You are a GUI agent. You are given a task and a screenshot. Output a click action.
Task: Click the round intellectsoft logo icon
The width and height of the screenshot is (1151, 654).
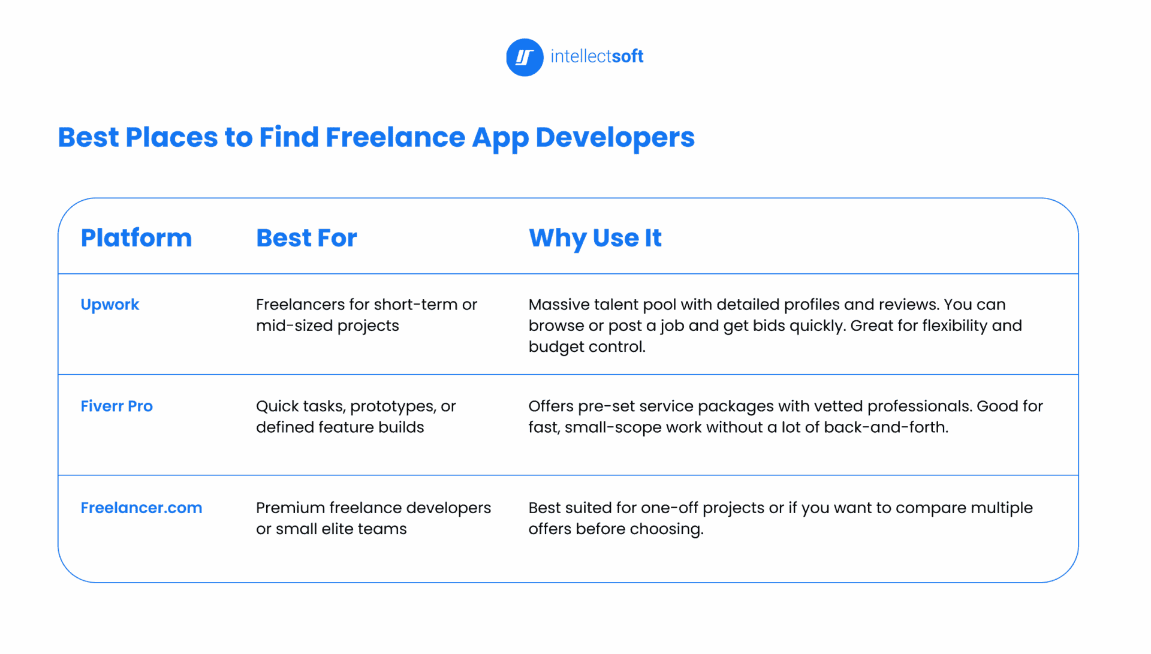point(525,58)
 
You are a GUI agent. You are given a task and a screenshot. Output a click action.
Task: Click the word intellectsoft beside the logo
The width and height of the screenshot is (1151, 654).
point(596,56)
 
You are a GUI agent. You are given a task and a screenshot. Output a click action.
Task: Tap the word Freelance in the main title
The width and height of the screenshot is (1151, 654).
point(395,137)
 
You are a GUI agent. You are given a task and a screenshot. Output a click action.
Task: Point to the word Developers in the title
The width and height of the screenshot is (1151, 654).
point(615,138)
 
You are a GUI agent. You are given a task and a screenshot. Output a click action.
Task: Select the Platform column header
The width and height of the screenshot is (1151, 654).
point(136,238)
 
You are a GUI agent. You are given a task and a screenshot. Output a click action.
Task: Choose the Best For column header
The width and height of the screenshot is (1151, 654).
point(306,238)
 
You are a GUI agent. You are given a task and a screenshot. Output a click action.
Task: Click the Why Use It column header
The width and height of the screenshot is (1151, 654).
point(595,239)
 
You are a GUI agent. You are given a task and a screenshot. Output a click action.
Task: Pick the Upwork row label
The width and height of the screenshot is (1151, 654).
point(110,305)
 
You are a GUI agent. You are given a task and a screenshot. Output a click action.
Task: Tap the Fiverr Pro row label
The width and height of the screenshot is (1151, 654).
point(117,406)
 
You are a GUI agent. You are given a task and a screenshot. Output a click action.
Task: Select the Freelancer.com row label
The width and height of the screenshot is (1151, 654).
point(141,508)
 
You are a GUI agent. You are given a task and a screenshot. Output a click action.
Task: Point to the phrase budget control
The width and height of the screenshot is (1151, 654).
point(587,347)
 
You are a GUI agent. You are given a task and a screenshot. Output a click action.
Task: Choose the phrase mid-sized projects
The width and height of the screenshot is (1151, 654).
point(327,326)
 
